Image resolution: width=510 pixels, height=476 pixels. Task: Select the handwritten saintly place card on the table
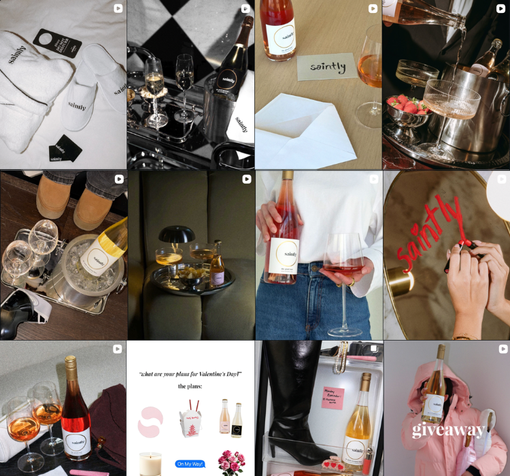tap(326, 67)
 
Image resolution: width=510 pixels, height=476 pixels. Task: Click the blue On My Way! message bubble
tap(190, 464)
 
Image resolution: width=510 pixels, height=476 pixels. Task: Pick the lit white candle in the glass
tap(150, 463)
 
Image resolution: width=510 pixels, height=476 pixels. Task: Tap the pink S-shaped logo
tap(150, 421)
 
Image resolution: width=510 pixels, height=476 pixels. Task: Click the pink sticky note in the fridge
tap(333, 396)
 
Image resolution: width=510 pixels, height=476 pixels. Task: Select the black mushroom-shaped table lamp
tap(177, 235)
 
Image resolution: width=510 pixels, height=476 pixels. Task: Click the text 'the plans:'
tap(190, 386)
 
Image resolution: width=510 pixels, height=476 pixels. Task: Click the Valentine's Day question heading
tap(190, 374)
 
